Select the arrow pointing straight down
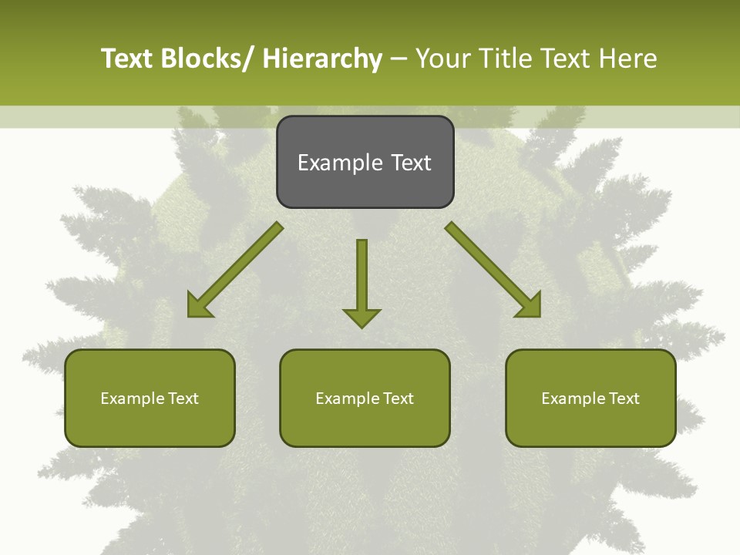coord(362,281)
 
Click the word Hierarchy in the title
coord(322,59)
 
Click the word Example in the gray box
coord(340,163)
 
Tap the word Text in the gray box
coord(411,163)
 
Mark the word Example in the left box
coord(133,399)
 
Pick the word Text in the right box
coord(624,399)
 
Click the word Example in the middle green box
coord(348,399)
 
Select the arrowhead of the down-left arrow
coord(199,306)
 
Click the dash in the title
coord(399,59)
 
